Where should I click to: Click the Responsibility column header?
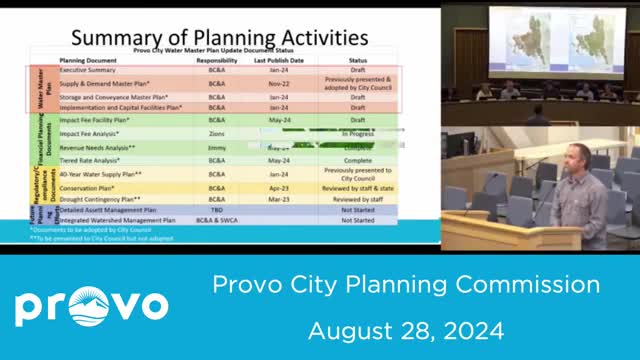[x=217, y=60]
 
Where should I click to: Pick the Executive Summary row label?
[x=90, y=71]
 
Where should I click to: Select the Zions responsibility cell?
[x=217, y=132]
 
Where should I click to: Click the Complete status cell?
[x=357, y=159]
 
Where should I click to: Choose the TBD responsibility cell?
[x=217, y=210]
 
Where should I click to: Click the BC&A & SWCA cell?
[x=217, y=220]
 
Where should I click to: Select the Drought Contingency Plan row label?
[x=99, y=198]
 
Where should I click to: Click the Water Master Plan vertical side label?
[x=40, y=88]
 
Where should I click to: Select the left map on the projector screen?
[x=527, y=44]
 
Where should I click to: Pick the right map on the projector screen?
[x=592, y=44]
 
